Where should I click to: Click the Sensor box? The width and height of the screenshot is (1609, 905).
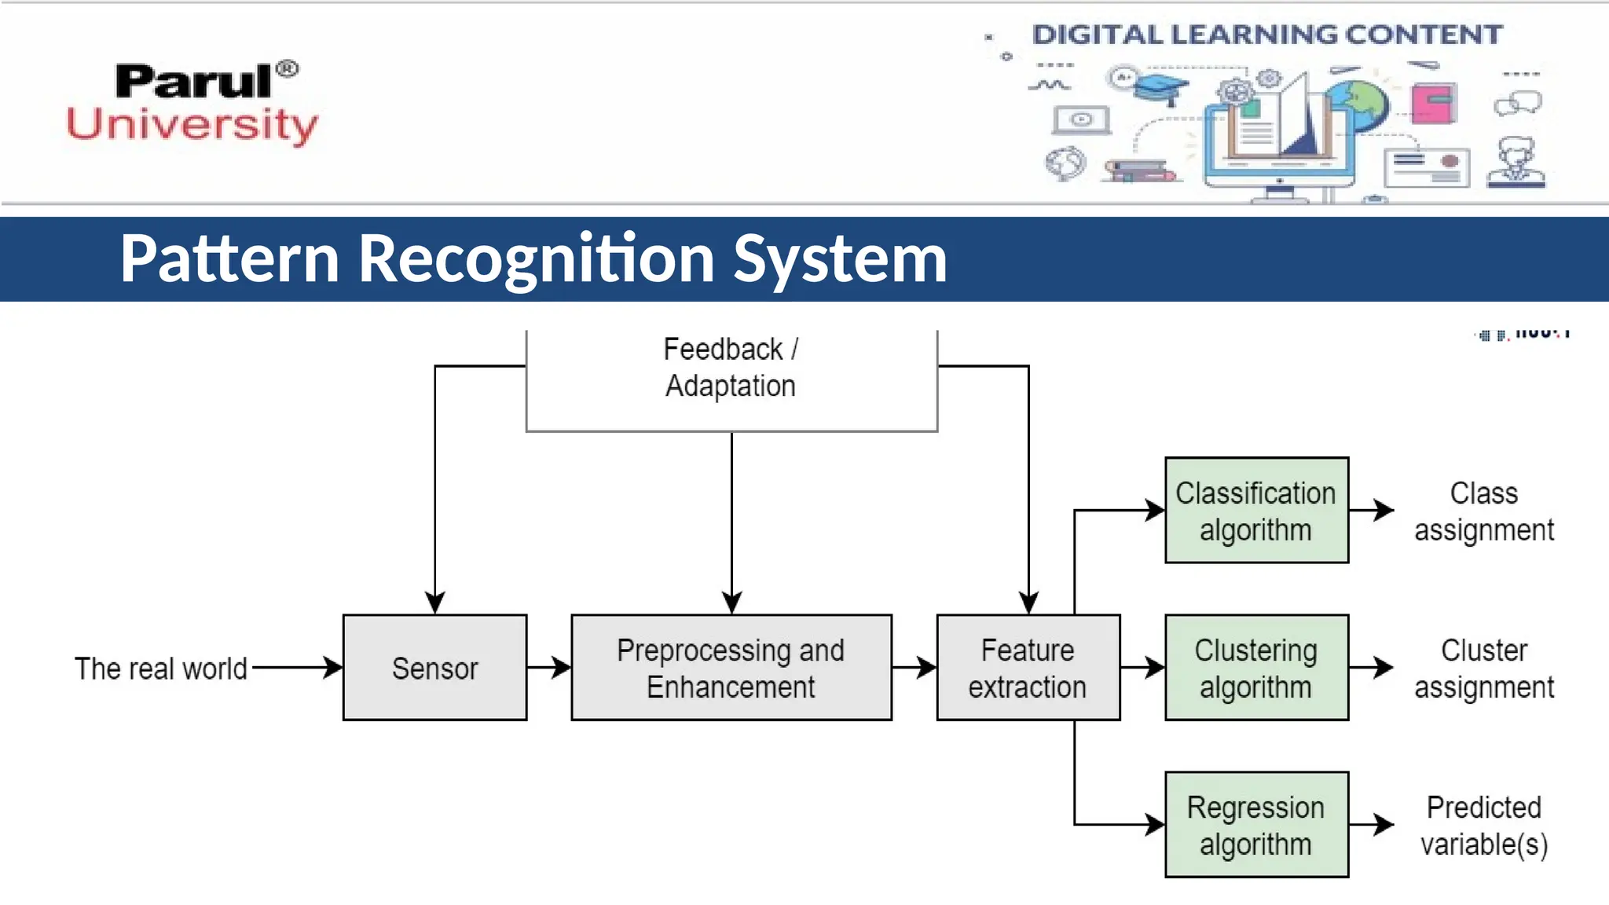(x=434, y=668)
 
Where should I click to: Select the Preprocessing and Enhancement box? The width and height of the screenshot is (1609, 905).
(x=731, y=668)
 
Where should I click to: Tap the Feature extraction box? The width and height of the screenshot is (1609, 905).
(x=1028, y=668)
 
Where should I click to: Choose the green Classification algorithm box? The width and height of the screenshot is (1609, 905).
(x=1255, y=511)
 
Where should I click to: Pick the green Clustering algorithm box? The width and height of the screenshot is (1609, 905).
(x=1255, y=668)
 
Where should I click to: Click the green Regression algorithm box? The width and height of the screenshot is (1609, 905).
(x=1255, y=825)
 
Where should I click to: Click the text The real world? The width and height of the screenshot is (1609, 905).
(x=161, y=669)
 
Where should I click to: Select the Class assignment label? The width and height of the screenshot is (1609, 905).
(x=1483, y=511)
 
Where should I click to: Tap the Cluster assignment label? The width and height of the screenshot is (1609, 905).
(x=1483, y=669)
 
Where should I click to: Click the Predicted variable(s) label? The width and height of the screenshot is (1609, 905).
(x=1483, y=826)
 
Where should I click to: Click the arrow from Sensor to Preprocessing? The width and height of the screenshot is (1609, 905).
(x=549, y=668)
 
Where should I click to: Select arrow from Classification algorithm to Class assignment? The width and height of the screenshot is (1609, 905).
(x=1373, y=510)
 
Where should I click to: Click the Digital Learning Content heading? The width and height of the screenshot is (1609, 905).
(x=1266, y=35)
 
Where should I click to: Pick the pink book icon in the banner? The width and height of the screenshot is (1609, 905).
(x=1433, y=103)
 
